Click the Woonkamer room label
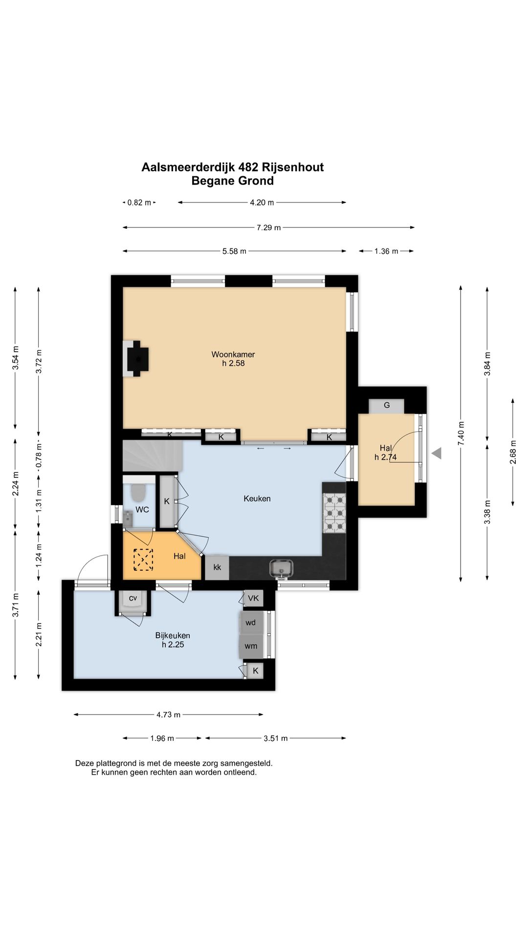(233, 354)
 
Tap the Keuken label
(257, 499)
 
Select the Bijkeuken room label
(173, 635)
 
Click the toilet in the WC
(138, 493)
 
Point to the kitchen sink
(282, 567)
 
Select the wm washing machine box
(251, 646)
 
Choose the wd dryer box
(251, 623)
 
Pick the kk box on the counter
(217, 567)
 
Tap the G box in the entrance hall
(386, 406)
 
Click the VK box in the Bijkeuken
(253, 598)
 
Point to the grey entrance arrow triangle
(437, 453)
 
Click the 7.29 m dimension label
(269, 227)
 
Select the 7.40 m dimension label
(461, 433)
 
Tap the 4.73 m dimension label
(169, 715)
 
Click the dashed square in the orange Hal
(143, 560)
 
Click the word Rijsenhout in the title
(293, 167)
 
